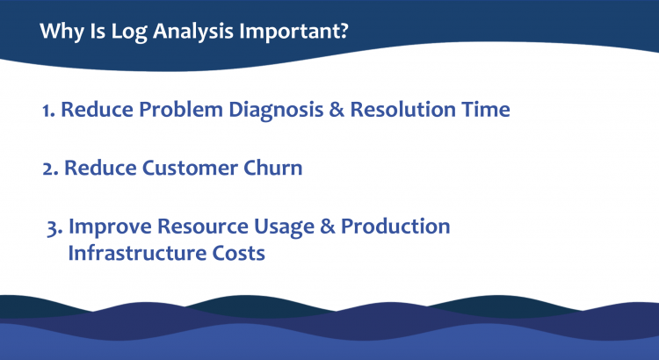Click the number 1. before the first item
tap(49, 111)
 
